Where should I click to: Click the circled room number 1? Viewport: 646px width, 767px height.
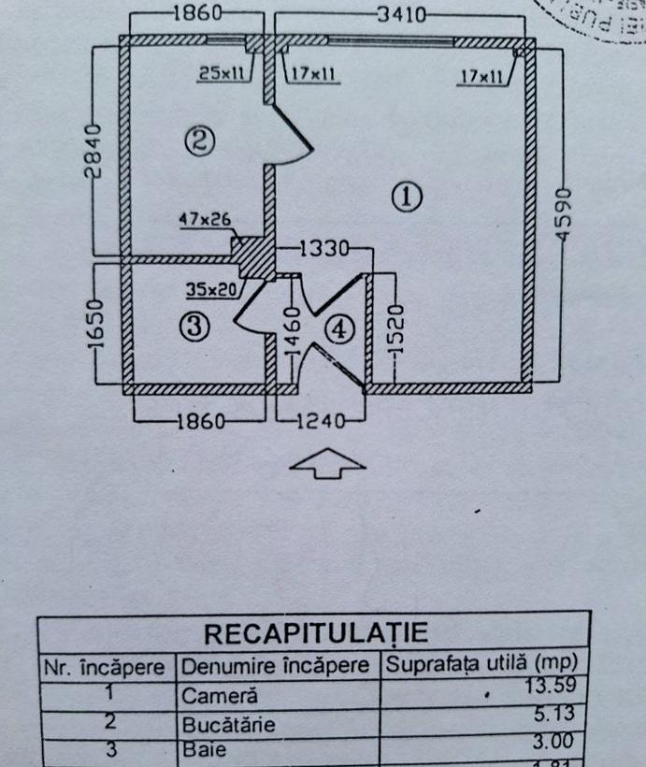tap(407, 197)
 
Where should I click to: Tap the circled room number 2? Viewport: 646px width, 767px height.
tap(201, 141)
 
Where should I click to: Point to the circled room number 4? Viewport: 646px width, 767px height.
tap(339, 329)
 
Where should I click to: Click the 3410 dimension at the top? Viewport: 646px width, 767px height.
tap(401, 15)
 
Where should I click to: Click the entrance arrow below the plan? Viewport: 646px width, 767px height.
tap(326, 463)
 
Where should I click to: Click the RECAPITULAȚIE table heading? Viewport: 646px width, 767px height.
tap(315, 632)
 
